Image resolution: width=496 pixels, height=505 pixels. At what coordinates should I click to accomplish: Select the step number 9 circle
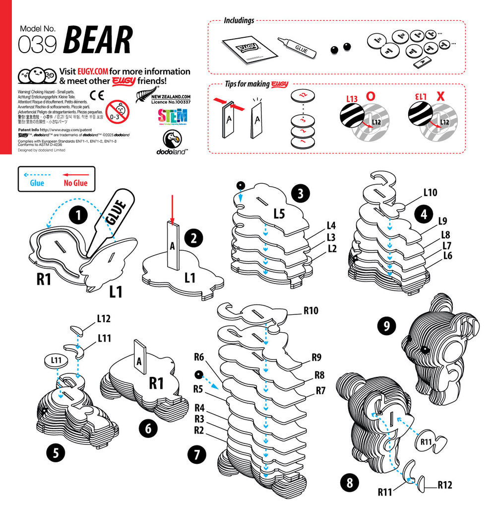pyautogui.click(x=386, y=326)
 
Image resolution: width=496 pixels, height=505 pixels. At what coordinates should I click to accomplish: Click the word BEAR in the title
pyautogui.click(x=98, y=40)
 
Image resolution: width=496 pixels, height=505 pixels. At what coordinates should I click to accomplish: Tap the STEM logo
pyautogui.click(x=172, y=117)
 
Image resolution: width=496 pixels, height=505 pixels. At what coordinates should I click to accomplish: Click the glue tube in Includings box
pyautogui.click(x=297, y=47)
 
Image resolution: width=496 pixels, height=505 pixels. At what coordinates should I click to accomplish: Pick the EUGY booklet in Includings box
pyautogui.click(x=248, y=49)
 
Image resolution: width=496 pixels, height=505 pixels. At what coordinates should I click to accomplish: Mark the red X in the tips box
pyautogui.click(x=439, y=96)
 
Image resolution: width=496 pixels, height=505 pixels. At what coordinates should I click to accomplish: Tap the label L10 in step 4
pyautogui.click(x=431, y=192)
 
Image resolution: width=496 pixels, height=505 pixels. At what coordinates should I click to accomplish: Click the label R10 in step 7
pyautogui.click(x=310, y=311)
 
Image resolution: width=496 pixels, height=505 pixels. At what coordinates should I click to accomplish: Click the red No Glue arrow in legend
pyautogui.click(x=75, y=175)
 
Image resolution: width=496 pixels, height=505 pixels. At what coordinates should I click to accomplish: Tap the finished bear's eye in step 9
pyautogui.click(x=425, y=351)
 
